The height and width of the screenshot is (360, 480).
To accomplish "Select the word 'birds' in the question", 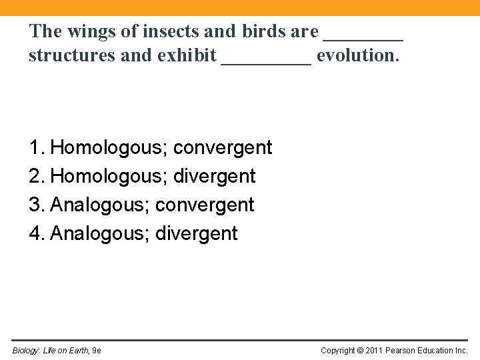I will pos(265,31).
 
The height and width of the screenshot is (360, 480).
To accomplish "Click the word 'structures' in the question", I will pos(64,55).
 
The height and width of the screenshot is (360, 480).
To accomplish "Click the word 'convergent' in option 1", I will pos(223,148).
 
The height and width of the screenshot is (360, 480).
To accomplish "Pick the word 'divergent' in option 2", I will pos(215,177).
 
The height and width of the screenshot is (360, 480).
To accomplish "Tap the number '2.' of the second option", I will pos(37,176).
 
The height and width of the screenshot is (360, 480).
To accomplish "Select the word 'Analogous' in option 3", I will pos(99,205).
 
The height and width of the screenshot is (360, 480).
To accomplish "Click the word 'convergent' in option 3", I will pos(205,205).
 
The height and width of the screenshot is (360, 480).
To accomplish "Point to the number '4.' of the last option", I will pos(37,233).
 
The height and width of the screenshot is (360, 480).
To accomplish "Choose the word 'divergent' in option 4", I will pos(197,234).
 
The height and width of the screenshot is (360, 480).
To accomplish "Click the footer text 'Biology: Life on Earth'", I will pos(50,350).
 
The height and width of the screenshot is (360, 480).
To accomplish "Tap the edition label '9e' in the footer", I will pos(97,350).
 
